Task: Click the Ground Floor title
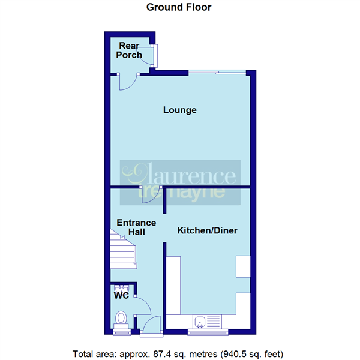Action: tap(179, 7)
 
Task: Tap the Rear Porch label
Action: tap(130, 50)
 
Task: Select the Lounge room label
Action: tap(180, 110)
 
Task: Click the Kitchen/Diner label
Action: tap(207, 231)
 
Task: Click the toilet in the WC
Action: tap(121, 318)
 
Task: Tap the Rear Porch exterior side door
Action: tap(155, 56)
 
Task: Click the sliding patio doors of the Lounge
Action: tap(218, 72)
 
